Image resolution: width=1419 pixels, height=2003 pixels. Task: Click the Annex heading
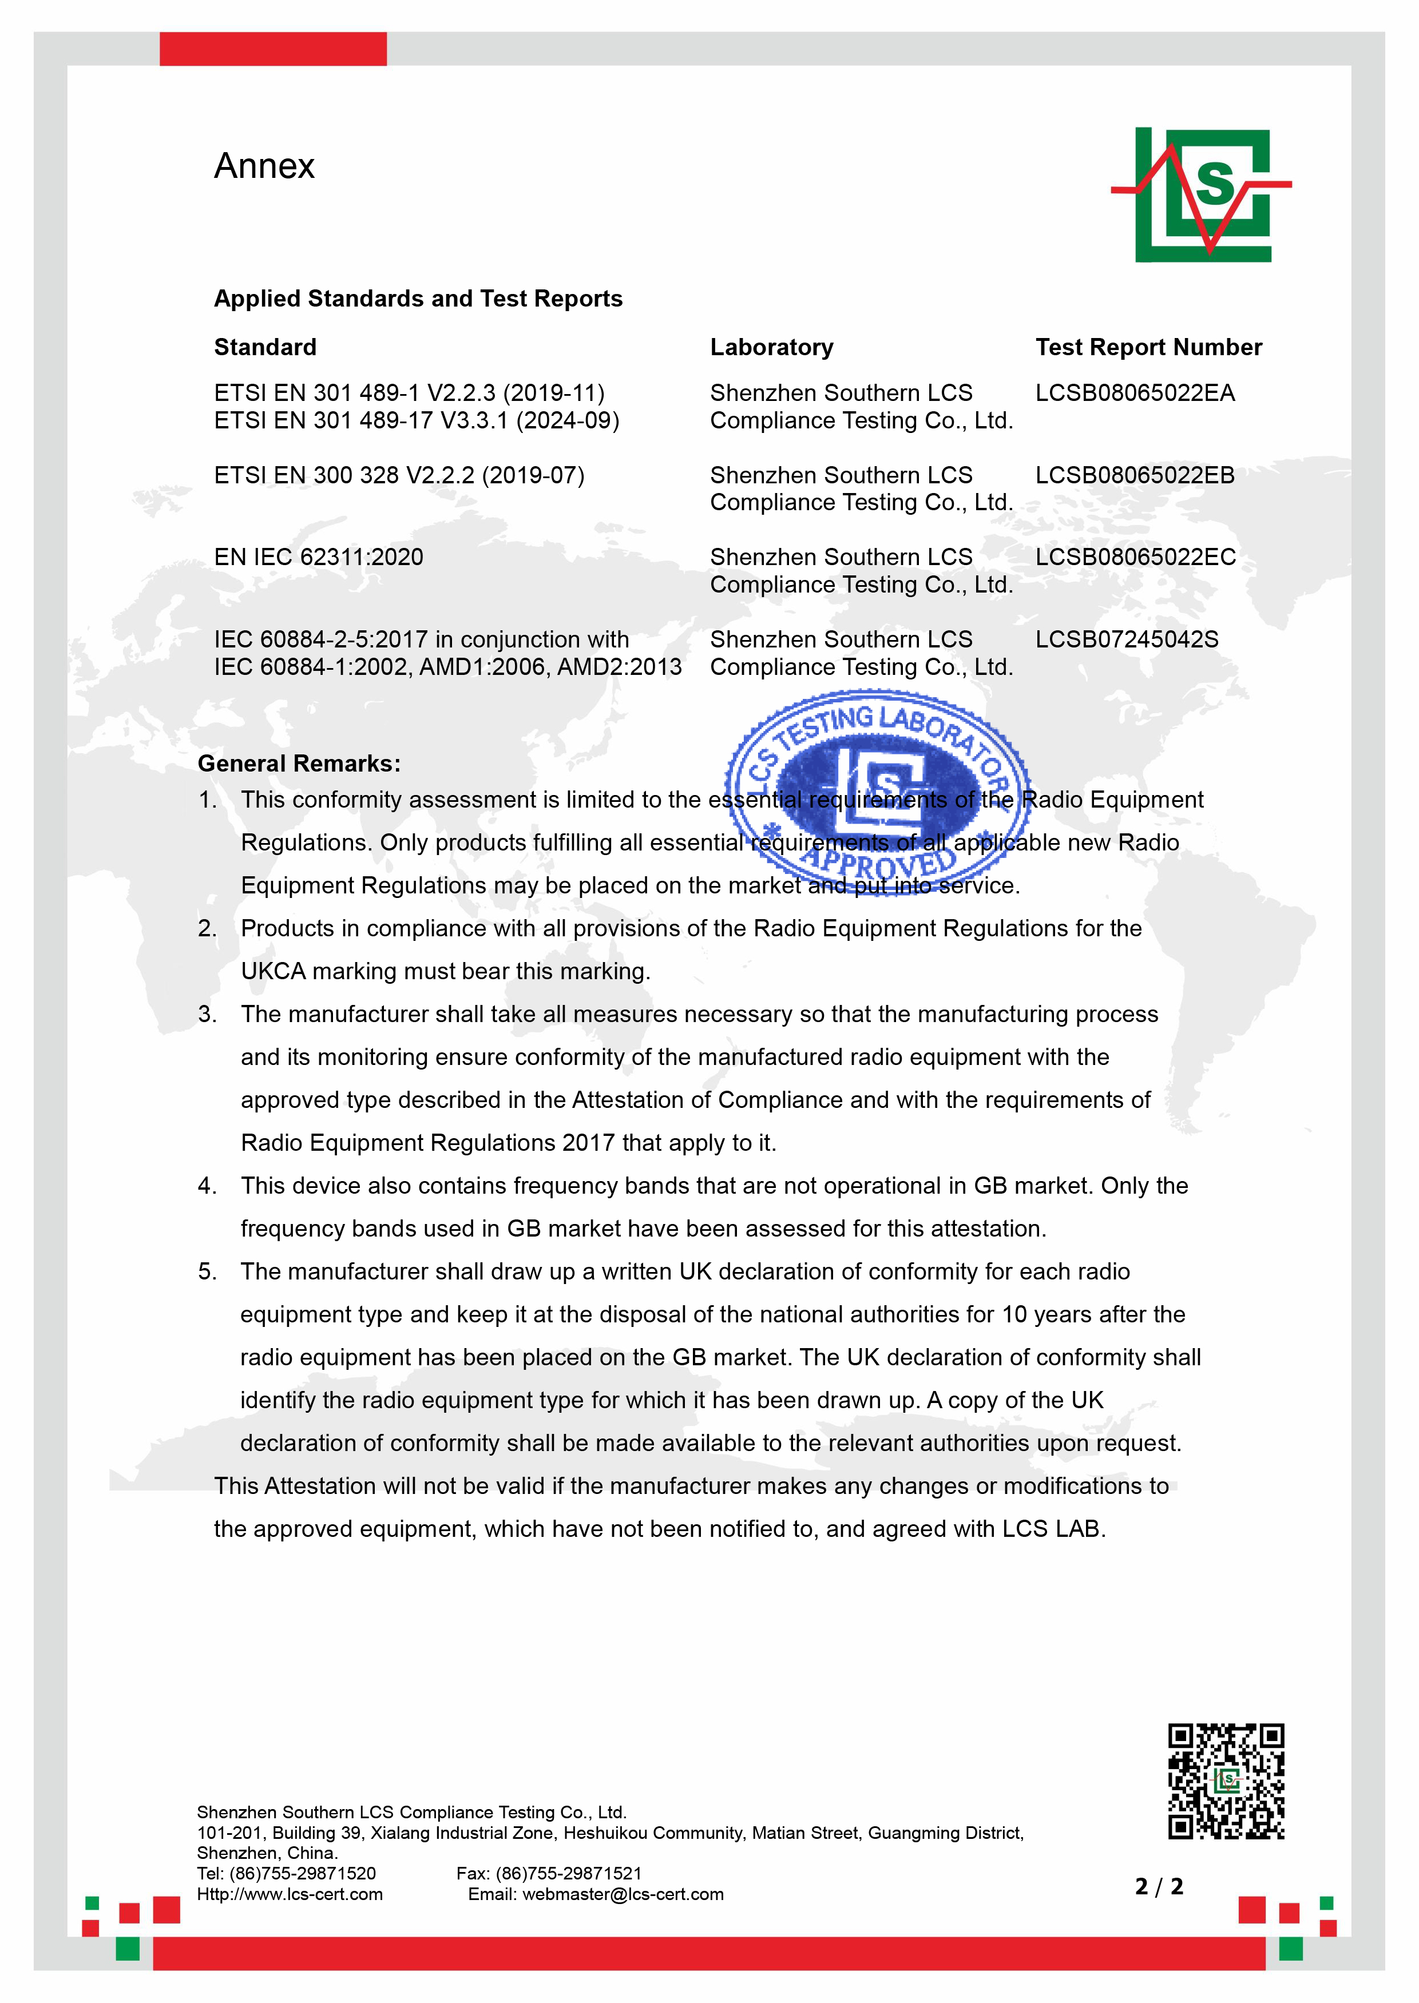(x=264, y=166)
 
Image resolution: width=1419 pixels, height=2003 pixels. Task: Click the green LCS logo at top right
(x=1202, y=194)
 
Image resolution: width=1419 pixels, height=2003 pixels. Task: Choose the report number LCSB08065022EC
(x=1135, y=557)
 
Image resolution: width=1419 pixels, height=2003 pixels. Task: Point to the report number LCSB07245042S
(x=1126, y=639)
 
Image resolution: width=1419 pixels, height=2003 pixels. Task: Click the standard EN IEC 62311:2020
(x=319, y=557)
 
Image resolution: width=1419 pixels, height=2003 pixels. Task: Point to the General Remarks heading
(x=299, y=764)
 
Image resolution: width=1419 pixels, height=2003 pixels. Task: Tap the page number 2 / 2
(x=1159, y=1887)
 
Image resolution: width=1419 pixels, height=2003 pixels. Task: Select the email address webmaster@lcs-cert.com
(x=623, y=1894)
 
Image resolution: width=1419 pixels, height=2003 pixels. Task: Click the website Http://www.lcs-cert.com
(x=290, y=1894)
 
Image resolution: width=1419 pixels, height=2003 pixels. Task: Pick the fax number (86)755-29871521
(x=568, y=1873)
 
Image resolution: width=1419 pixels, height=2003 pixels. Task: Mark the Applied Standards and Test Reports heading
(x=418, y=299)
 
